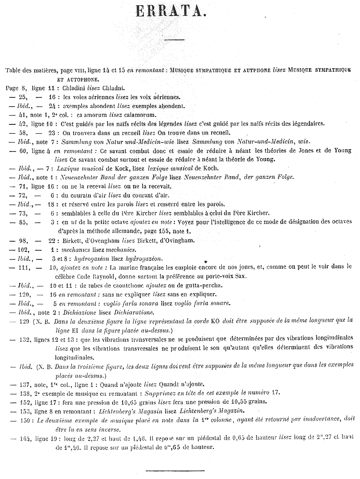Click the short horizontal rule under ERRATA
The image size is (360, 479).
(x=174, y=40)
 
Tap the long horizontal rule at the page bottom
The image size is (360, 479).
(x=175, y=470)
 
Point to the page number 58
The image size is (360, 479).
(x=23, y=132)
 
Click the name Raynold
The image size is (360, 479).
(x=108, y=276)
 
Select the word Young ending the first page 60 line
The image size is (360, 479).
(x=343, y=151)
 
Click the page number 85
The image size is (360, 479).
(x=23, y=222)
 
